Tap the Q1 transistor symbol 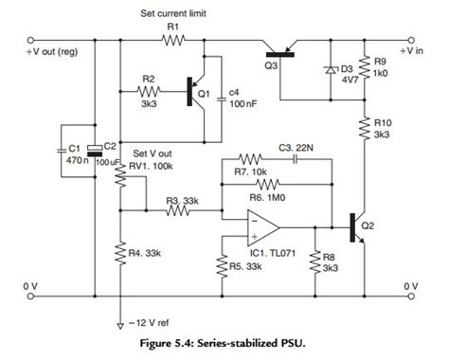click(196, 93)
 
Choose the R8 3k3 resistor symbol click(315, 262)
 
